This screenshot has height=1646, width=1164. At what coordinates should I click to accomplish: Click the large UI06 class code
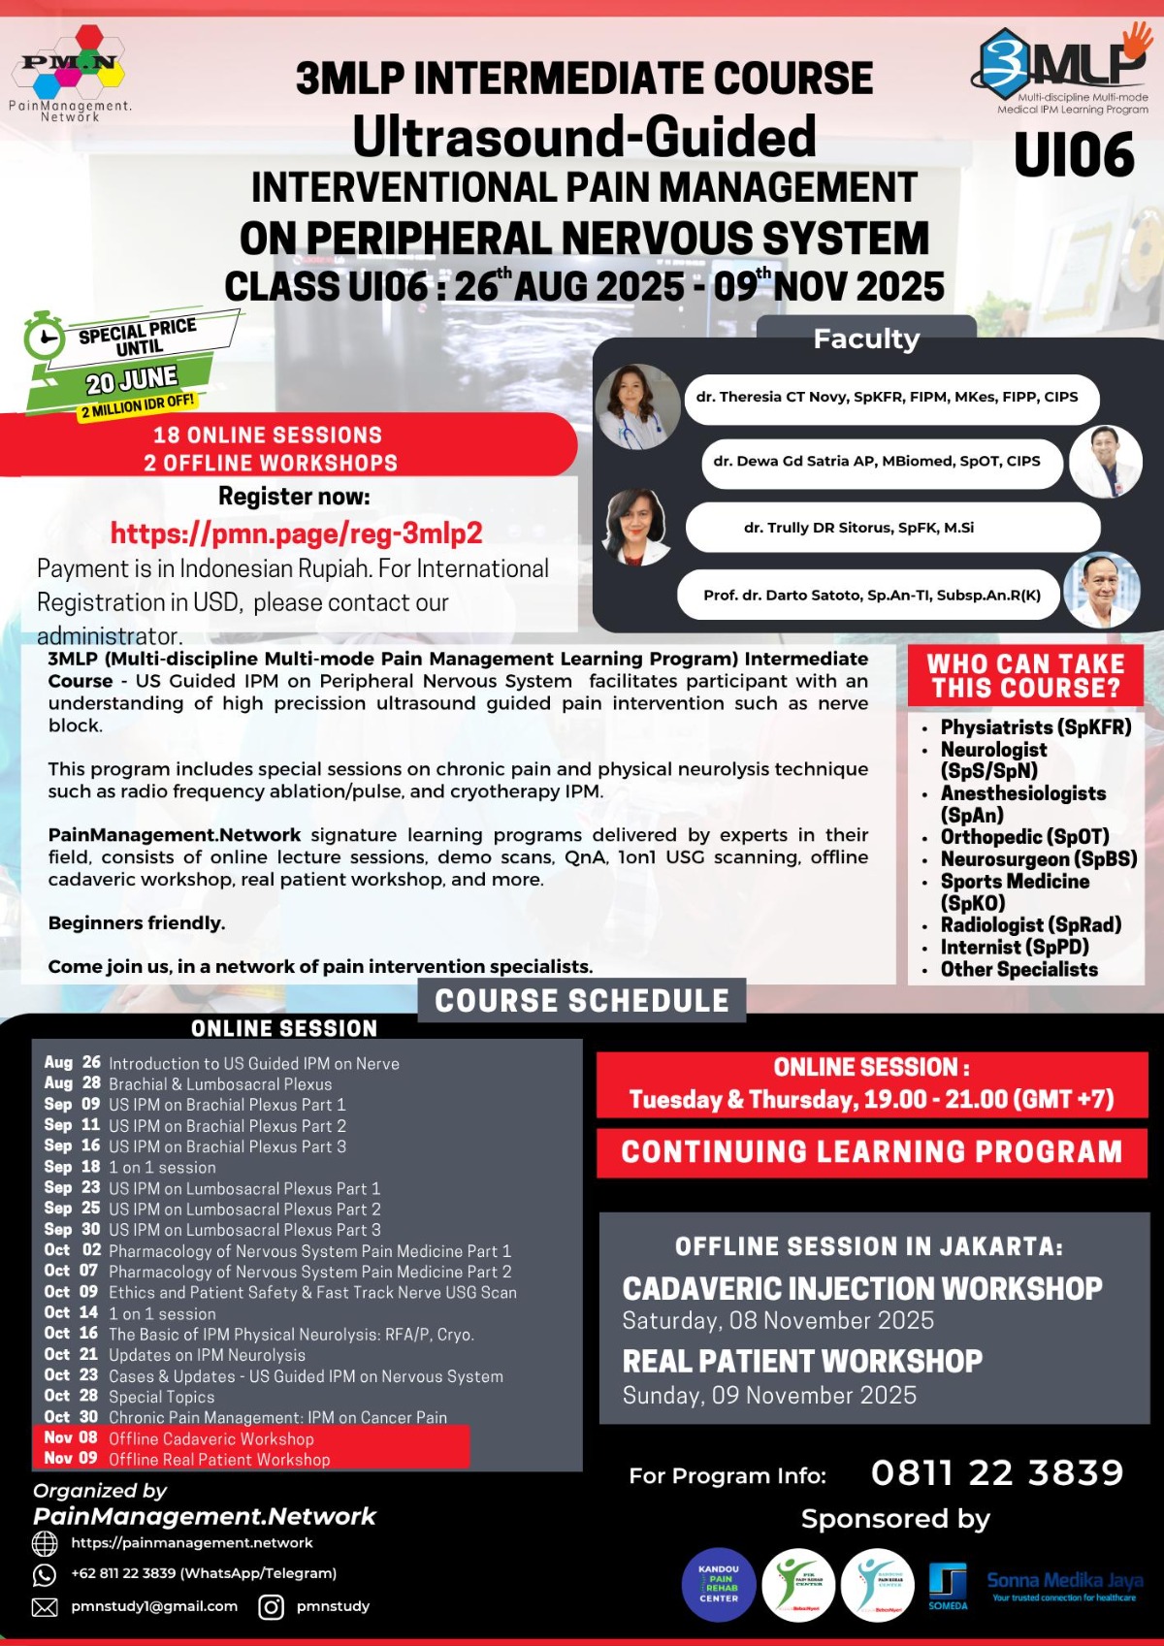click(x=1074, y=155)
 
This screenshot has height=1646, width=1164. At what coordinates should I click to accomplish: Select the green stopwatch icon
click(x=44, y=336)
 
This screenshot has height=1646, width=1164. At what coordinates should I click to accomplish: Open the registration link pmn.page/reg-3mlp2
click(x=296, y=533)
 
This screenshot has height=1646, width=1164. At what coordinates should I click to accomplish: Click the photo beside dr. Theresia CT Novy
click(x=637, y=406)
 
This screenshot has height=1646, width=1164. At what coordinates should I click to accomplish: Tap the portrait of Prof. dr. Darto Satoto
click(x=1101, y=590)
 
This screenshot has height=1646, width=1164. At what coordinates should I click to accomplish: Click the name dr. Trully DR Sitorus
click(x=858, y=528)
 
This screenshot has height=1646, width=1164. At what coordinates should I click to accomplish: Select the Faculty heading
click(x=866, y=339)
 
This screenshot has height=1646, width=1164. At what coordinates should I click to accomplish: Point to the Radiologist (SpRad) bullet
click(x=1030, y=925)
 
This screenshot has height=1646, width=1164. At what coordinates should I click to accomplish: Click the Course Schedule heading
click(x=581, y=1001)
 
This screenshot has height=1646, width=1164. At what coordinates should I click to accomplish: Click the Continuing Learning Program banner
click(x=871, y=1152)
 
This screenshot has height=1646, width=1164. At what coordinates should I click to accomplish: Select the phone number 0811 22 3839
click(x=996, y=1473)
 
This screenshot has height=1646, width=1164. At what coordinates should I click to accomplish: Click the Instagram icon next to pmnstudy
click(x=272, y=1607)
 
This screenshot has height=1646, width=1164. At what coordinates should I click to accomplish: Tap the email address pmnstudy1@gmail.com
click(x=154, y=1606)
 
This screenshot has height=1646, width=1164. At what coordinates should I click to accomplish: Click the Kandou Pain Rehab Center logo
click(x=719, y=1585)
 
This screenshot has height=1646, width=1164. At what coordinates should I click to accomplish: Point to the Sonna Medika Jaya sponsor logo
click(x=1064, y=1585)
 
